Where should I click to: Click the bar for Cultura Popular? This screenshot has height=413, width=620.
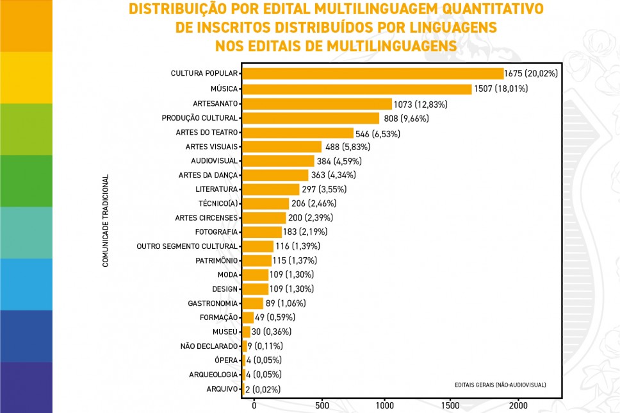373,74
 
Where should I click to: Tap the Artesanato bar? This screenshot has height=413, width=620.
317,103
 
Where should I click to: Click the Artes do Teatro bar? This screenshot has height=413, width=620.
298,133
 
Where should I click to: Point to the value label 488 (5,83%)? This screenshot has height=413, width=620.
347,147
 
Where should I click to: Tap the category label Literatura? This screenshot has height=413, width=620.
216,189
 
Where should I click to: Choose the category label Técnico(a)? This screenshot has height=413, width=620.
218,203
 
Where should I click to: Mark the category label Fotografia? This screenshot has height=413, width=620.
216,232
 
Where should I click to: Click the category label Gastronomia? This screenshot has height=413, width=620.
213,303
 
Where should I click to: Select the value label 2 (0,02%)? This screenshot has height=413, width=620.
263,389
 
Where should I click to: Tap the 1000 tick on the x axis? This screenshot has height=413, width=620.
386,405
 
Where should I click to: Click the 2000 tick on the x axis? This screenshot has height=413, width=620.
518,405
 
